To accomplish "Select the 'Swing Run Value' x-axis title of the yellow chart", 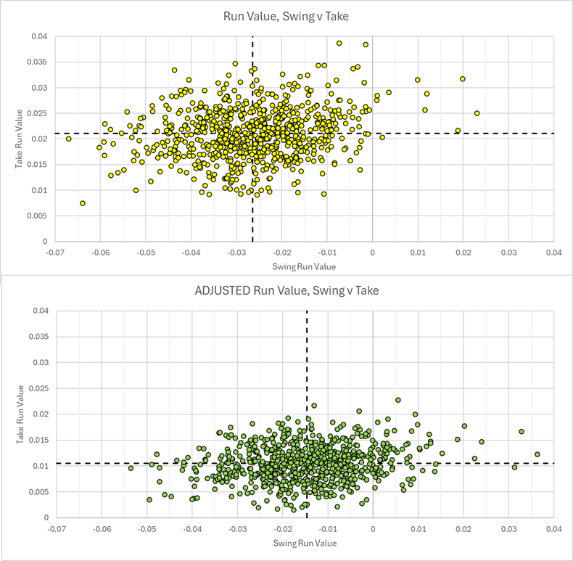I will coord(305,266).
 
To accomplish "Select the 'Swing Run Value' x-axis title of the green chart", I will coord(305,543).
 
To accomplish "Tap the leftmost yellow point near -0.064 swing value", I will coord(83,203).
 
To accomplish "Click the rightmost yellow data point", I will coord(477,113).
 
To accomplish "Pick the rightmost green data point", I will coord(537,454).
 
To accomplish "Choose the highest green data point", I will coord(398,400).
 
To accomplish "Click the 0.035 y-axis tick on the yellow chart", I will coord(41,62).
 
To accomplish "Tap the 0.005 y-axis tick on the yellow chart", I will coord(41,216).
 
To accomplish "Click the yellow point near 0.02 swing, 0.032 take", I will coord(463,78).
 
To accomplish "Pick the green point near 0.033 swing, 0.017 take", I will coord(522,432).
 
